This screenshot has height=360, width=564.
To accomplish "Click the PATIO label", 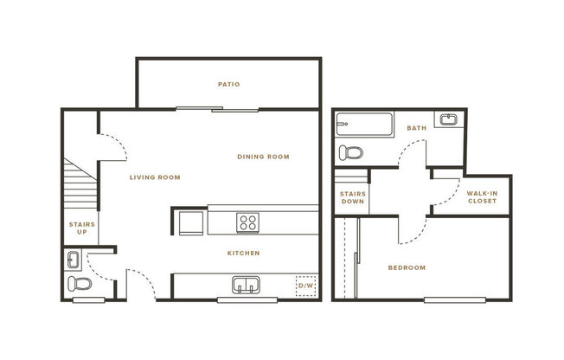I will pyautogui.click(x=228, y=85).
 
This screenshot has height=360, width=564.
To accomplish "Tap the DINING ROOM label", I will pyautogui.click(x=263, y=157).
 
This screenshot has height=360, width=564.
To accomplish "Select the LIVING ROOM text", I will pyautogui.click(x=155, y=177).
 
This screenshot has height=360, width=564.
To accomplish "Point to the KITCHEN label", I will pyautogui.click(x=244, y=253).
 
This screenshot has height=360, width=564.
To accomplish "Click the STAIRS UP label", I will pyautogui.click(x=82, y=228).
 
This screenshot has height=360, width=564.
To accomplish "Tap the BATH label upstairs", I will pyautogui.click(x=418, y=129).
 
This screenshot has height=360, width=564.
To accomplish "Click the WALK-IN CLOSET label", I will pyautogui.click(x=482, y=197).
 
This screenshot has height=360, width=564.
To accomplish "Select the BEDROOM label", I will pyautogui.click(x=406, y=267).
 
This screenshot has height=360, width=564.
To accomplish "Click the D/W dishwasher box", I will pyautogui.click(x=305, y=286).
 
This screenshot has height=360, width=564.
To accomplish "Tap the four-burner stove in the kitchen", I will pyautogui.click(x=248, y=222).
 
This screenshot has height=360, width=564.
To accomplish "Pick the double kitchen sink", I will pyautogui.click(x=247, y=285).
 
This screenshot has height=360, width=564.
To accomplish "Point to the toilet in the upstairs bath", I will pyautogui.click(x=350, y=153).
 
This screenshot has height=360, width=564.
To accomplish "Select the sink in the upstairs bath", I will pyautogui.click(x=448, y=119).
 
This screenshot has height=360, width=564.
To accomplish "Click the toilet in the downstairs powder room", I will pyautogui.click(x=79, y=284).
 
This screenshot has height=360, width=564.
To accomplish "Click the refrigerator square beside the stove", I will pyautogui.click(x=191, y=223).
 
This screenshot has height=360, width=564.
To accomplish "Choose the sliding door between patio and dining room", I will pyautogui.click(x=216, y=109).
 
